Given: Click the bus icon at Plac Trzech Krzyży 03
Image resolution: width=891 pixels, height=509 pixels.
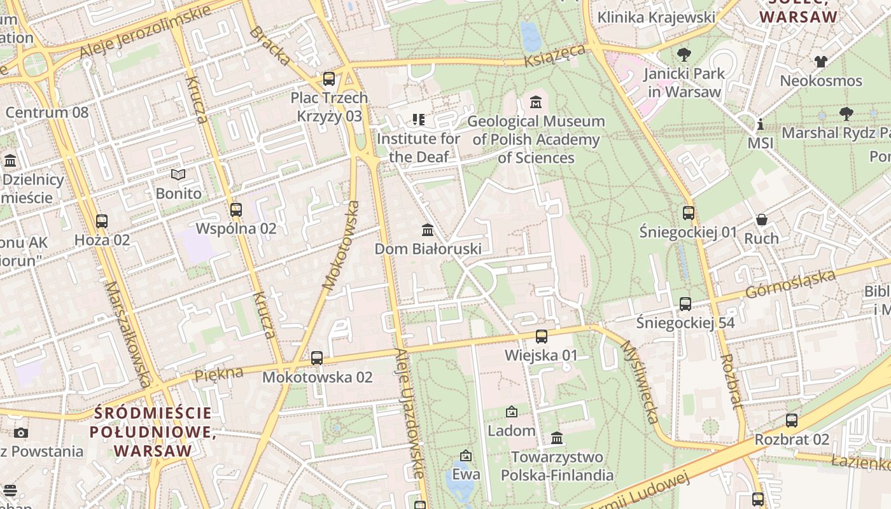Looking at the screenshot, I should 328,79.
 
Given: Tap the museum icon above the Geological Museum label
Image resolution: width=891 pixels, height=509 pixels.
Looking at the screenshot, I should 536,102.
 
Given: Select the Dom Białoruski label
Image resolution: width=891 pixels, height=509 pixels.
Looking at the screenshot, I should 428,249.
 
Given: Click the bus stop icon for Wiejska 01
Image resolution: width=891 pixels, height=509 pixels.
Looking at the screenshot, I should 541,337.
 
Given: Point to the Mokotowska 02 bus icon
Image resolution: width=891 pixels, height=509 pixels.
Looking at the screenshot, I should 317,358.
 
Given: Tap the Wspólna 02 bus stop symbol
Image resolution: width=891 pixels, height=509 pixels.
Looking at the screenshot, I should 236,210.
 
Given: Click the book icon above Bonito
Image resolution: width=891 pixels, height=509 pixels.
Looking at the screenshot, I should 178,174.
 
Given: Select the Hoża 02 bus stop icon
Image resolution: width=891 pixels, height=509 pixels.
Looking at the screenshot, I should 102,221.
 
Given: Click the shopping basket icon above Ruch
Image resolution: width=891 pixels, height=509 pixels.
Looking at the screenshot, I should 761,220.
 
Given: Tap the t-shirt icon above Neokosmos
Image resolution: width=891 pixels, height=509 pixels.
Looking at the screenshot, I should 821,62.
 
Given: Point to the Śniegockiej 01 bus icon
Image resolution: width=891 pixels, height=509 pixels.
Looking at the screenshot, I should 688,213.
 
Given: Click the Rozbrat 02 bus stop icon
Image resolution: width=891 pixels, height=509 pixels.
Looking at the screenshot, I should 791,421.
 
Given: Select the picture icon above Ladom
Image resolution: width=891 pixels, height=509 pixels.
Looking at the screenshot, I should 511,412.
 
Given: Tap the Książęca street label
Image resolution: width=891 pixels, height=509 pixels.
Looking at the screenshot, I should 555,55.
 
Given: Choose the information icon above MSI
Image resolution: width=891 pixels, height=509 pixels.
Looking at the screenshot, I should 760,124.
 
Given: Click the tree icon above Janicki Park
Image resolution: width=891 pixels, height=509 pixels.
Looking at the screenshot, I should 684,55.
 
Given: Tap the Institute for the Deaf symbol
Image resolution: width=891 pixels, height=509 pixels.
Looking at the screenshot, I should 418,119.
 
